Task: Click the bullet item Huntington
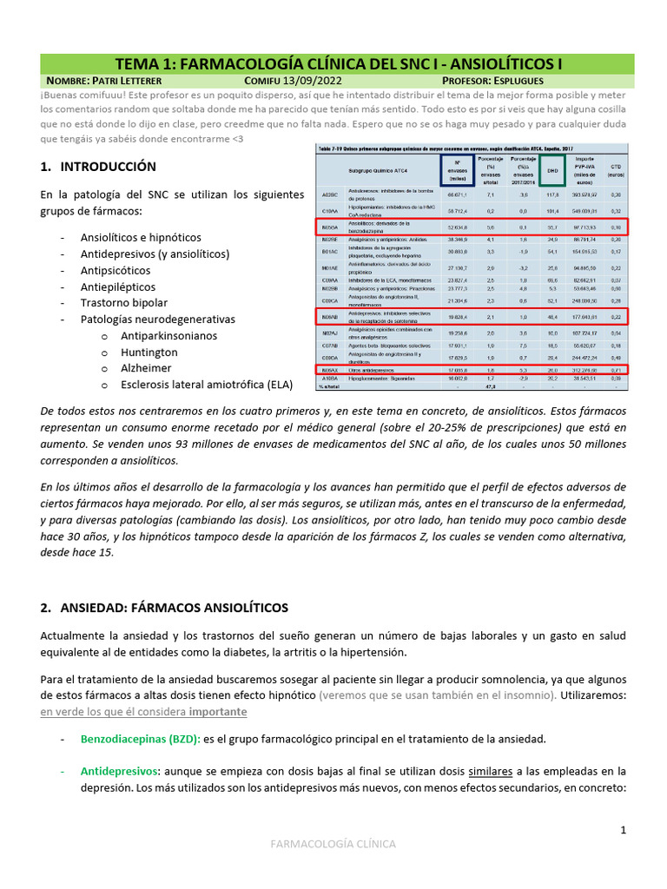tap(149, 352)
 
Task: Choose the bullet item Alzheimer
tap(147, 369)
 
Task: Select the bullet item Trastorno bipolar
tap(124, 303)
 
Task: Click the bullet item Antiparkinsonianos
tap(169, 336)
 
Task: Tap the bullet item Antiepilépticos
tap(118, 286)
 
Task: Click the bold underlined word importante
tap(218, 712)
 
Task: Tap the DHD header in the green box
tap(551, 171)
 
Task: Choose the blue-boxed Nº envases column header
tap(456, 170)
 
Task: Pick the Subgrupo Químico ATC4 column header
tap(380, 170)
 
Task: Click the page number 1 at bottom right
tap(624, 831)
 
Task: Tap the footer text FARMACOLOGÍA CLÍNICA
tap(333, 844)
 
